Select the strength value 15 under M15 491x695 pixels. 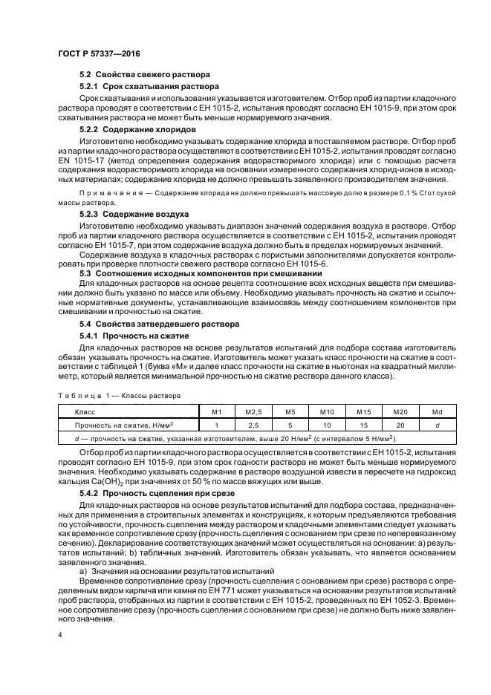point(364,425)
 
